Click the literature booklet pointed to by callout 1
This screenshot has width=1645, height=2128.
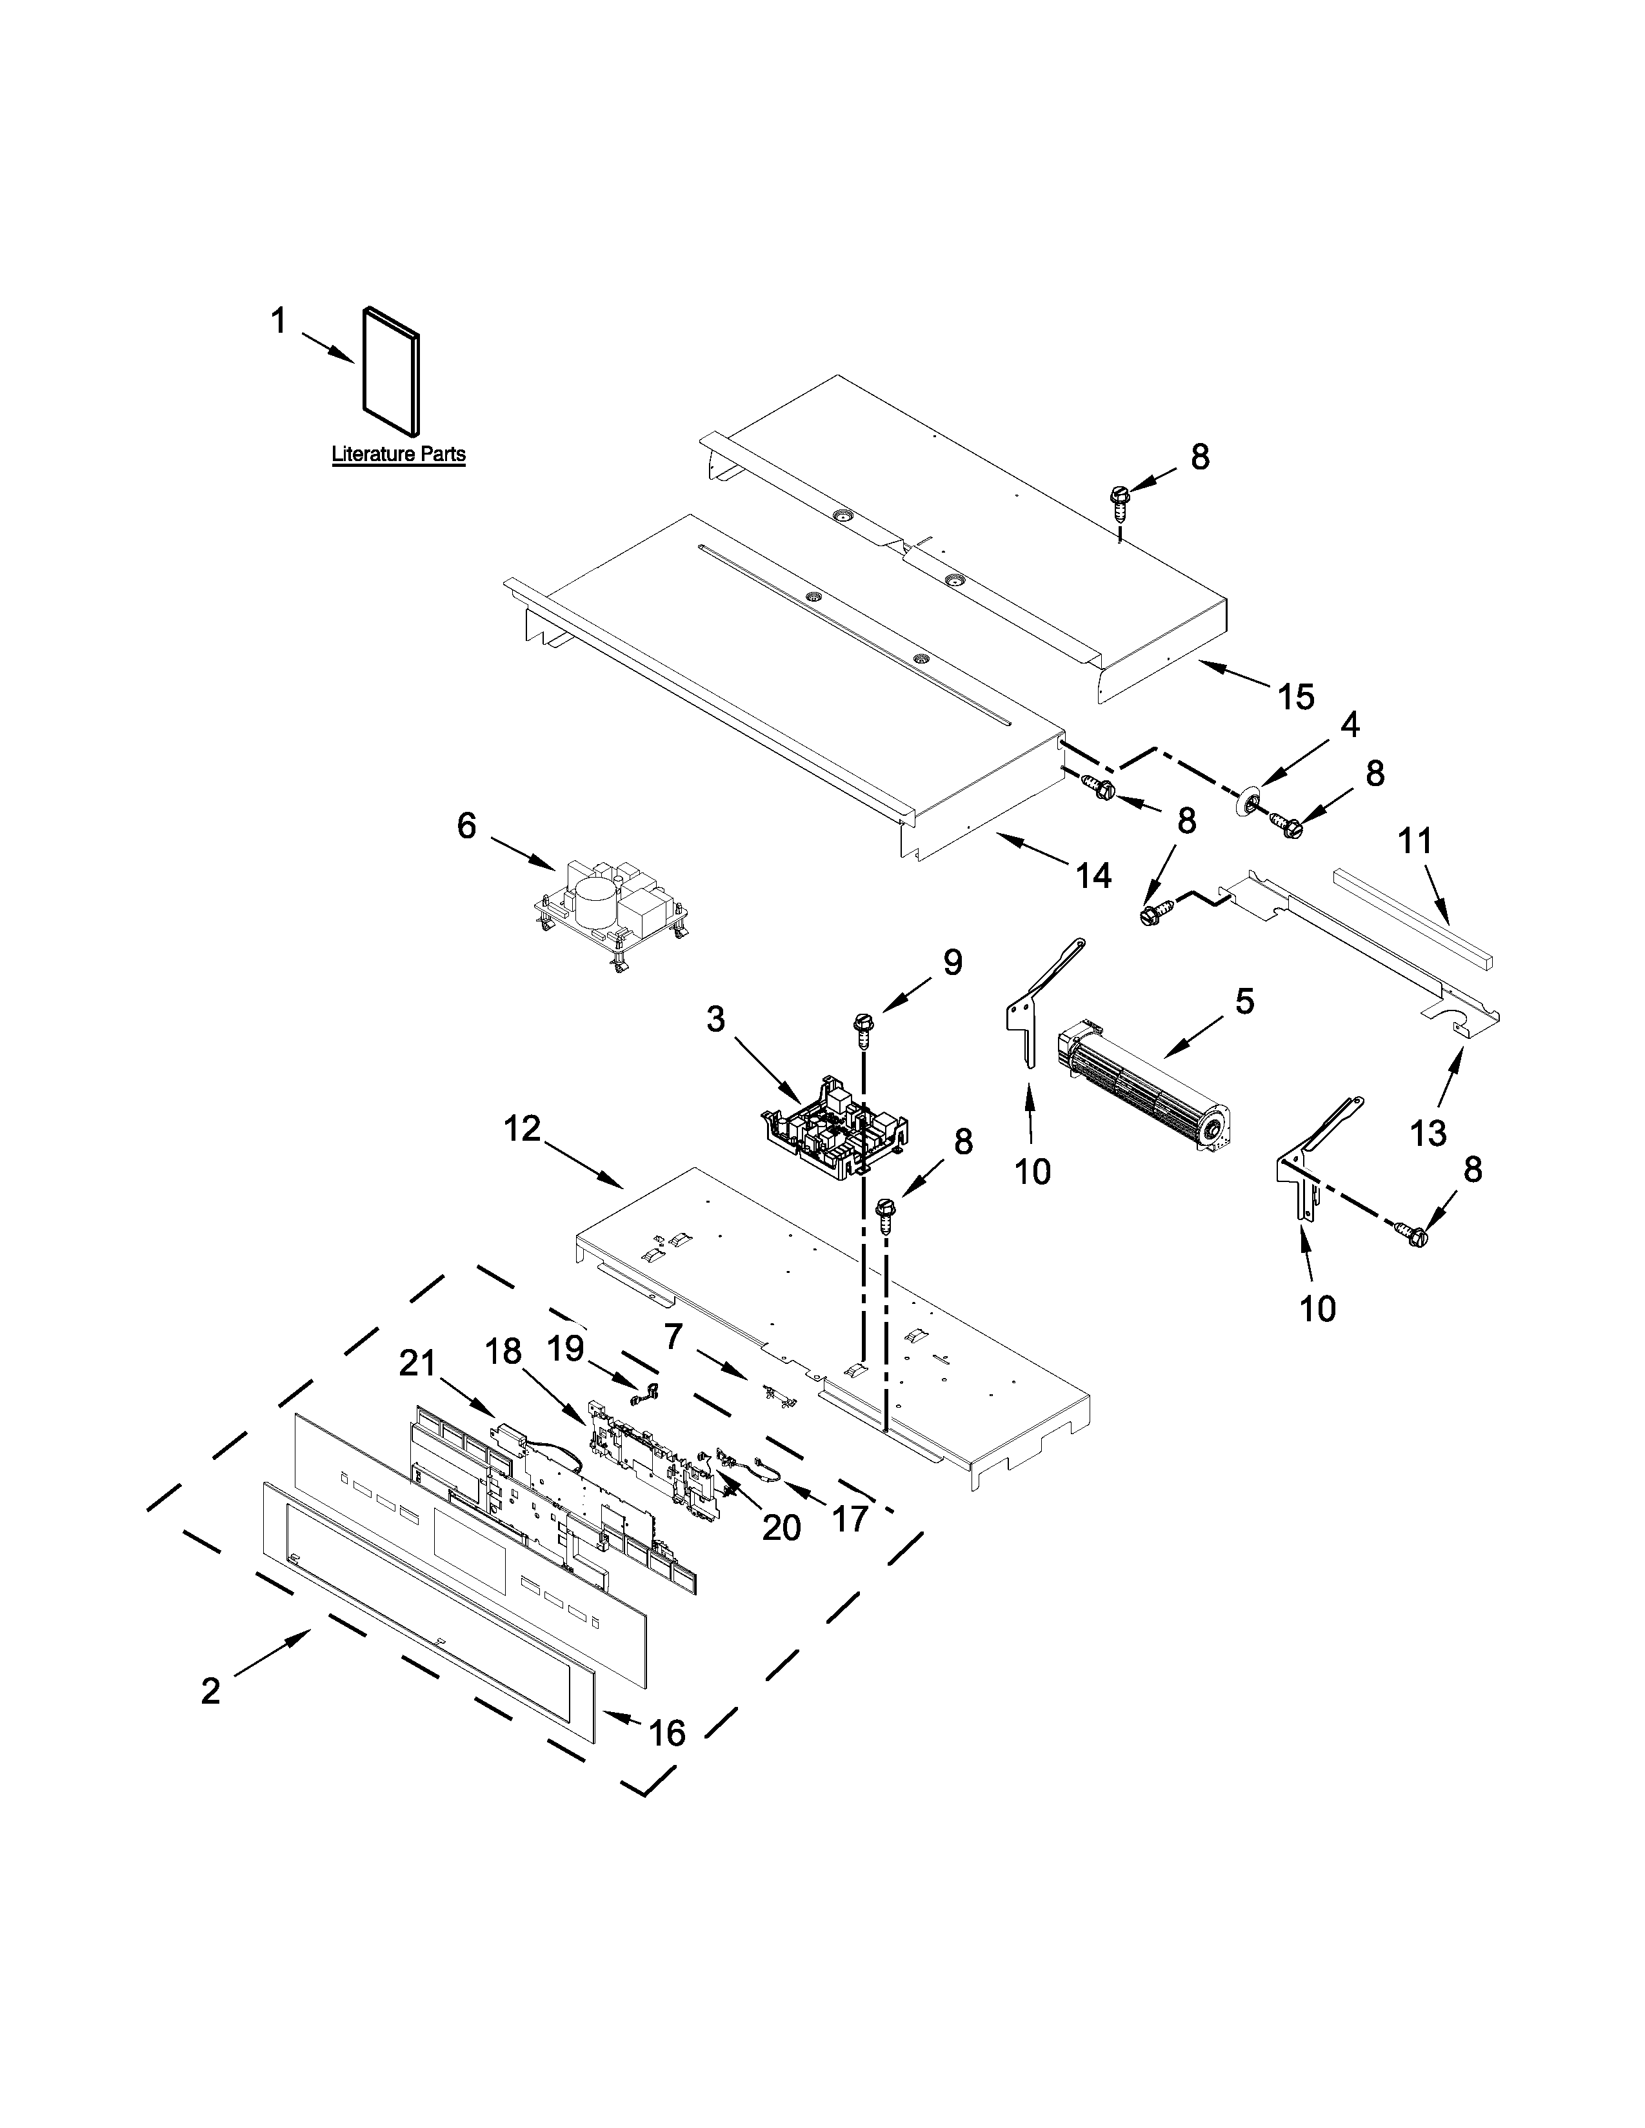click(x=392, y=370)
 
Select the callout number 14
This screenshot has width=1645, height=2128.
click(x=1093, y=875)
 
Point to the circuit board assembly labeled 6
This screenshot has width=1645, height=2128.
click(x=611, y=906)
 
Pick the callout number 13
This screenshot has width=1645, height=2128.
click(x=1429, y=1132)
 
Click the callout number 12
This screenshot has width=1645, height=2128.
click(x=523, y=1129)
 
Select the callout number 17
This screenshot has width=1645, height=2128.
click(x=849, y=1518)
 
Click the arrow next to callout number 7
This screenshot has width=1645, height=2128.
click(x=732, y=1369)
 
